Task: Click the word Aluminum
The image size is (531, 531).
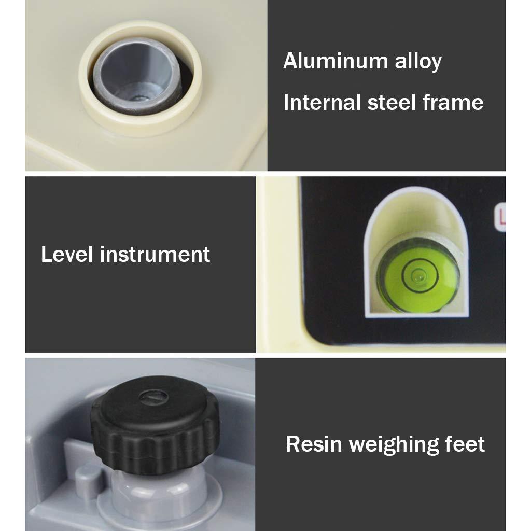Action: pos(336,61)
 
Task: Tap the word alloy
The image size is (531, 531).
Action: pos(418,62)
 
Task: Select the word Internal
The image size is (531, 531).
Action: pos(322,102)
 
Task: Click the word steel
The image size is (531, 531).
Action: pos(392,102)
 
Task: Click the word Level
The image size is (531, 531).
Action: pos(67,254)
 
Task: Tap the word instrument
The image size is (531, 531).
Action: pos(155,254)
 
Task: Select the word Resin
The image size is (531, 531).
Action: pos(314,444)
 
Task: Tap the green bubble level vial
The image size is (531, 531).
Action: pos(418,275)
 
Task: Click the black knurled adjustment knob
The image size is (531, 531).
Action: pos(155,425)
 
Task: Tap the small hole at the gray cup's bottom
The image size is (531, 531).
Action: pos(138,99)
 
